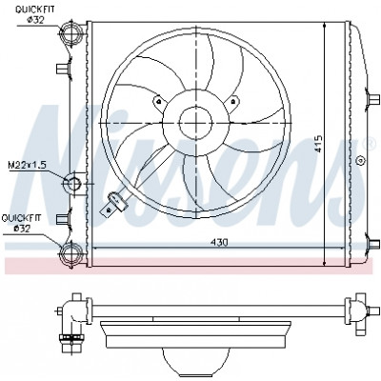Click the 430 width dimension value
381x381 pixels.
point(219,242)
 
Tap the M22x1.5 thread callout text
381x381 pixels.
point(28,165)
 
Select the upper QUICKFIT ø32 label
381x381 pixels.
point(35,14)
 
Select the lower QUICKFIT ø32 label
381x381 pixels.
point(22,223)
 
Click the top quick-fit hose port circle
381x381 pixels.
point(71,31)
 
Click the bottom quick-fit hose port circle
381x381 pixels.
point(72,254)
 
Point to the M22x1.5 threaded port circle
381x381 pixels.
point(74,184)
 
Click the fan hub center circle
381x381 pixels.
point(195,123)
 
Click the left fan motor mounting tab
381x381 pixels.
point(160,103)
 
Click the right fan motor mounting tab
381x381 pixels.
point(232,103)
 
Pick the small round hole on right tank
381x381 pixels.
point(361,160)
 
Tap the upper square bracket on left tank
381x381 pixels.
point(63,69)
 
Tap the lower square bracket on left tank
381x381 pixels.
point(63,219)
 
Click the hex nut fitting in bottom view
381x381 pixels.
point(70,337)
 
